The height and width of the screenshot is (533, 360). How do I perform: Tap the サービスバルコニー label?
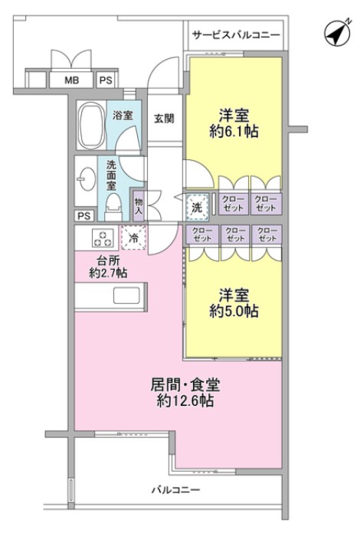point(236,35)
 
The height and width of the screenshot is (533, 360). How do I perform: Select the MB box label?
point(70,80)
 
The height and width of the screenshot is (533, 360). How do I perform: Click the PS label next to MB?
point(105,80)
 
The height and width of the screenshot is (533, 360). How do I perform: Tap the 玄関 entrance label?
point(163,118)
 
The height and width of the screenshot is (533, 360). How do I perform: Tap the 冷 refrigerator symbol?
point(133,237)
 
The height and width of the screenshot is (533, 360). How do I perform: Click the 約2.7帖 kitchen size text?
point(107,273)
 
